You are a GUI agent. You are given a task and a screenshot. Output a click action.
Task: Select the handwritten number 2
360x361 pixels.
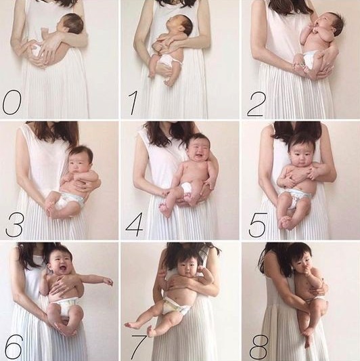[x=256, y=104]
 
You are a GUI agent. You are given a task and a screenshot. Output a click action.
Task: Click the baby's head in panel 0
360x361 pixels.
[x=70, y=23]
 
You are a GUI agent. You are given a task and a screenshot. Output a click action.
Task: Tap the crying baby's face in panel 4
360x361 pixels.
[x=198, y=148]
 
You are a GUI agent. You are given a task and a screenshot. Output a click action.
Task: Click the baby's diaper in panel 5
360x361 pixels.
[x=294, y=197]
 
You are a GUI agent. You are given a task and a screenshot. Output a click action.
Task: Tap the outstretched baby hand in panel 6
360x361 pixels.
[x=108, y=281]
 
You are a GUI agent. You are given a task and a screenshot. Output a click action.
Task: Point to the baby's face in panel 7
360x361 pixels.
[x=187, y=270]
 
